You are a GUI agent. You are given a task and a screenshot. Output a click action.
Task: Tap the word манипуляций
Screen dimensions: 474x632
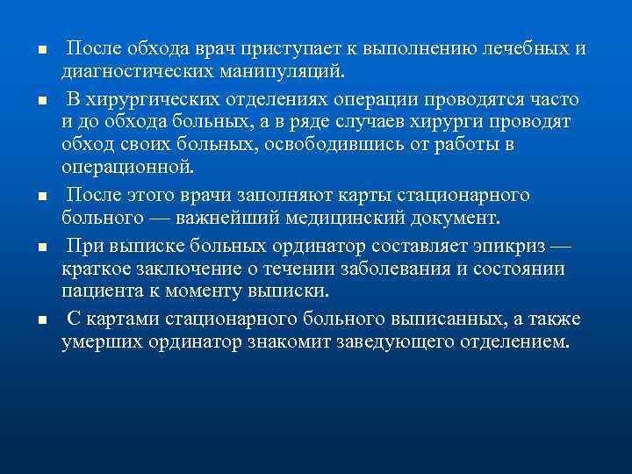click(289, 68)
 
